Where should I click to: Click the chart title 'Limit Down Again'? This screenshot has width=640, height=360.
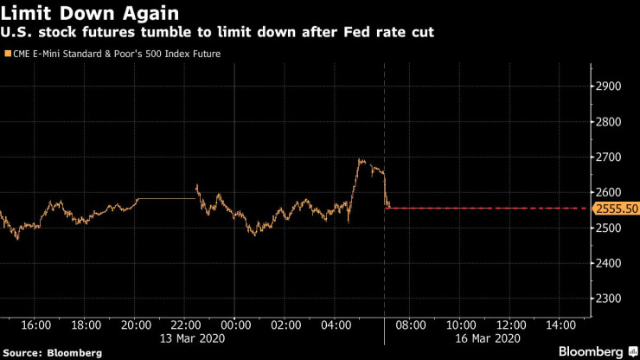92,14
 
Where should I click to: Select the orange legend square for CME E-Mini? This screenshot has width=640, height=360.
7,54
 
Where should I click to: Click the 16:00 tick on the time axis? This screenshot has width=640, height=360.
35,325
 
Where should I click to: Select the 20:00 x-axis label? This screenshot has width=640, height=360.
135,325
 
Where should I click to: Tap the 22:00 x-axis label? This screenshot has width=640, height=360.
185,325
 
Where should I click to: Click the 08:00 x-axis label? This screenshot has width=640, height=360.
410,325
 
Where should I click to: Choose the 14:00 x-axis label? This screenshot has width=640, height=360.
560,325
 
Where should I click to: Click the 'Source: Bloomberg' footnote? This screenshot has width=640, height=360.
52,352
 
